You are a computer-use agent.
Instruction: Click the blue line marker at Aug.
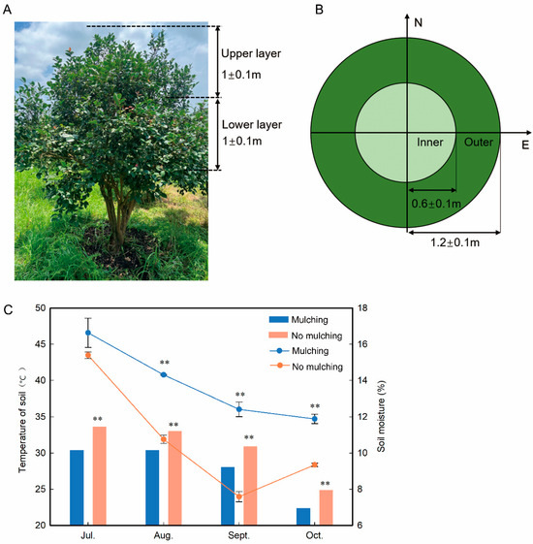pyautogui.click(x=163, y=374)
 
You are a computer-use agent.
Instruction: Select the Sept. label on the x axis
pyautogui.click(x=238, y=535)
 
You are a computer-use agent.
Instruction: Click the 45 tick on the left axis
pyautogui.click(x=40, y=344)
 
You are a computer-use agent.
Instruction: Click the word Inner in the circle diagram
pyautogui.click(x=430, y=143)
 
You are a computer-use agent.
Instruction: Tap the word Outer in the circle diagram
pyautogui.click(x=478, y=143)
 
